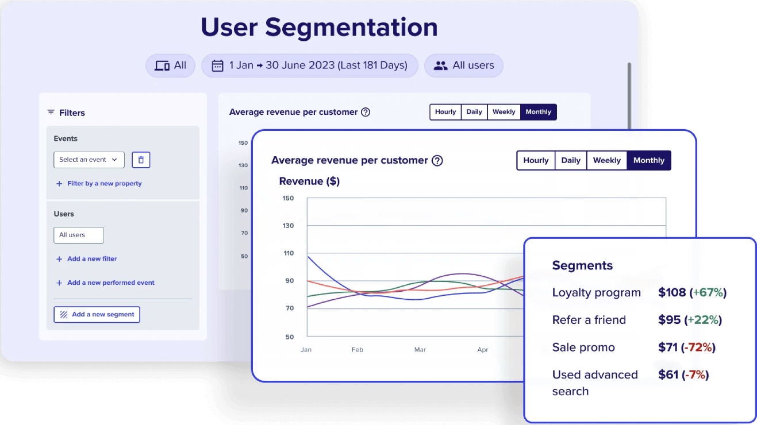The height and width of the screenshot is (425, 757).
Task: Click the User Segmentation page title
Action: pos(319,28)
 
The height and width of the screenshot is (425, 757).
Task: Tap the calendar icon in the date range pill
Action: pos(217,65)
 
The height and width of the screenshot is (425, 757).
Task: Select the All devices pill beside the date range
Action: pos(171,65)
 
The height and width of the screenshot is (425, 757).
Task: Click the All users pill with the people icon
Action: pos(463,65)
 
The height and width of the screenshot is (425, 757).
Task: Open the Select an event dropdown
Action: pos(89,160)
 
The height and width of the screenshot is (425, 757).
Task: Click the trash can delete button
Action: pos(141,160)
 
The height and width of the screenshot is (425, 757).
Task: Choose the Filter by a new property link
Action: pos(104,184)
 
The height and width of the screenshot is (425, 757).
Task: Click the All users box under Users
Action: pos(79,235)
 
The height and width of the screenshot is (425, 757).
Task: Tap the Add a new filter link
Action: pos(92,259)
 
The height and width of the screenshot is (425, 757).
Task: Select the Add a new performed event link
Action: pos(110,283)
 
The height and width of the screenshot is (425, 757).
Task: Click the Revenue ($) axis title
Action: pos(309,181)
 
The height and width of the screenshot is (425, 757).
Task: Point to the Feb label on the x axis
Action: pos(358,349)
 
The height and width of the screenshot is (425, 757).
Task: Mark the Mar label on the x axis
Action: pos(420,349)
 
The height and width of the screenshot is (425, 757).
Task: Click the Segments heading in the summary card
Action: pos(582,265)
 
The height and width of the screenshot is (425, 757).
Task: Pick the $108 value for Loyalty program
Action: pos(672,292)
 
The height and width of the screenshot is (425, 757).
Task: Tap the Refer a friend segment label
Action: pos(589,320)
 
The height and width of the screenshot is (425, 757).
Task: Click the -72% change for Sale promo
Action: pos(698,347)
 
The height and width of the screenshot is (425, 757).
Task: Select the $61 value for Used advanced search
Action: pos(668,375)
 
